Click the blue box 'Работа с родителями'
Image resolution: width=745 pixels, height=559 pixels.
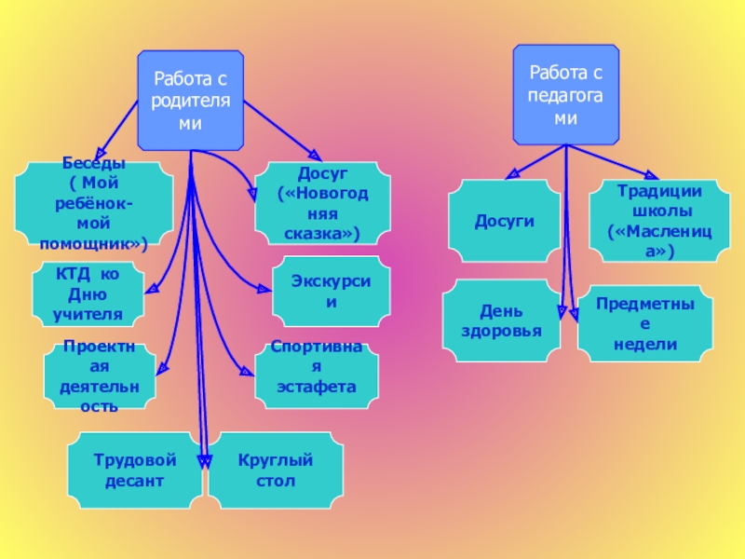pos(190,101)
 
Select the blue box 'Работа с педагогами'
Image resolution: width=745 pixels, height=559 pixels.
pos(565,95)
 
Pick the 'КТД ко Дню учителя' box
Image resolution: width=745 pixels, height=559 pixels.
pos(88,294)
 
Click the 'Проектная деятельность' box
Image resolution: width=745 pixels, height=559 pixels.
pos(100,376)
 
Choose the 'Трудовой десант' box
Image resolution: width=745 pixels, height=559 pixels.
pos(134,470)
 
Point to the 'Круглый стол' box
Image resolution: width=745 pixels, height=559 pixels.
pos(275,470)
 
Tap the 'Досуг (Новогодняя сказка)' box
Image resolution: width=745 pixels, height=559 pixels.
pos(318,204)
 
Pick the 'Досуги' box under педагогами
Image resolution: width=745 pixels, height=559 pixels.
pos(504,221)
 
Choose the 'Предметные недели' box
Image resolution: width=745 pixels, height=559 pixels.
pos(644,323)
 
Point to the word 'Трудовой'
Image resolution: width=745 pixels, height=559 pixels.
pos(134,460)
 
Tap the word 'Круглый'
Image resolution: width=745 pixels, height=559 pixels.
pos(275,460)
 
